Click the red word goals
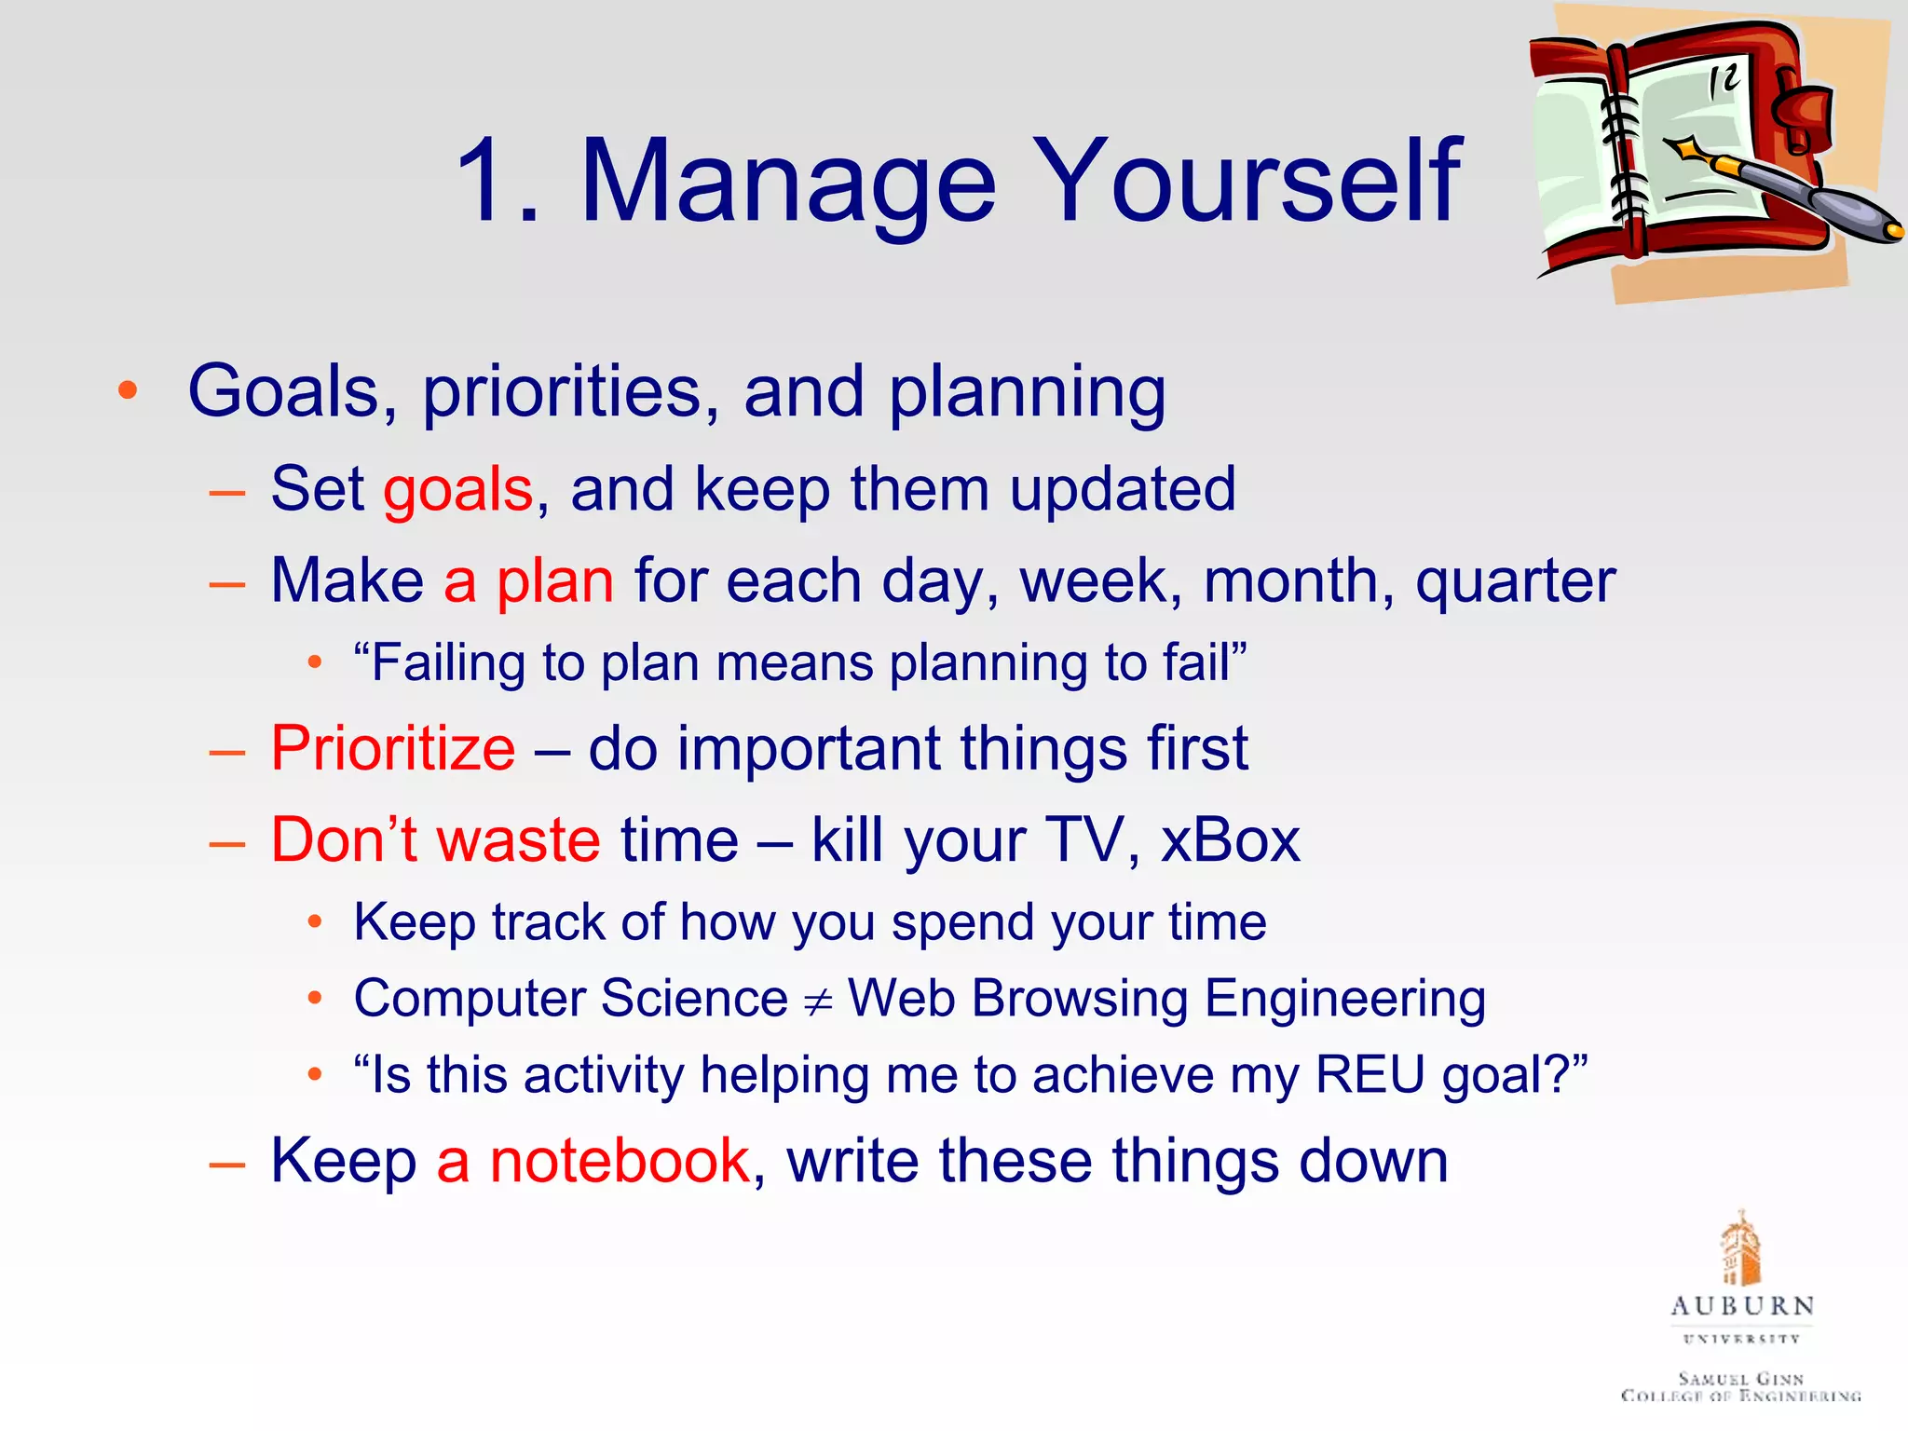[x=457, y=490]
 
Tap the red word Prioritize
[x=392, y=748]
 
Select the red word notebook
[x=620, y=1161]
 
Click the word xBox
[x=1229, y=840]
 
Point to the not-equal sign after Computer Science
[x=818, y=1002]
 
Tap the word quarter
[x=1515, y=582]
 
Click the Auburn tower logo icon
[x=1739, y=1248]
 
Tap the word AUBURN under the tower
[x=1741, y=1306]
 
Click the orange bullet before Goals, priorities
[x=128, y=391]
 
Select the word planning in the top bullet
[x=1027, y=392]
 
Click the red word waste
[x=518, y=840]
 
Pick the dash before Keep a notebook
[x=227, y=1164]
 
